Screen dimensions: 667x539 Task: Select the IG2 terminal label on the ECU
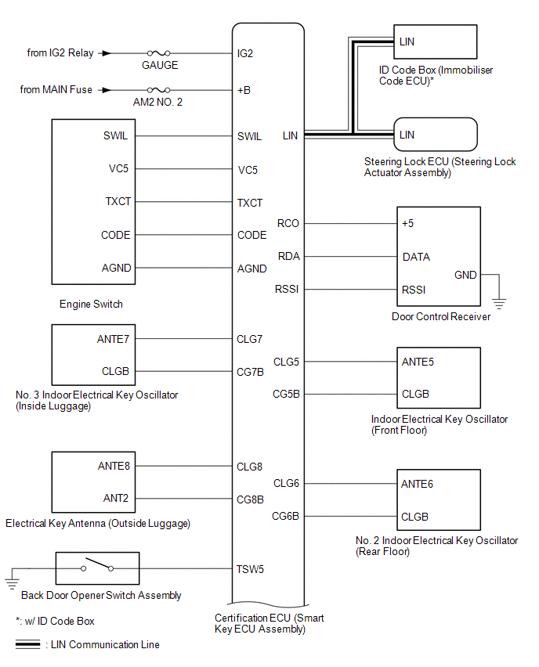[x=245, y=54]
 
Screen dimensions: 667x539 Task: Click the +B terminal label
[x=244, y=90]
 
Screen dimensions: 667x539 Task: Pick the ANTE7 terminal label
[x=114, y=339]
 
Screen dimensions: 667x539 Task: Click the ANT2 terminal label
[x=116, y=498]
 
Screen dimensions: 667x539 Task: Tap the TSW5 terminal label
[x=251, y=569]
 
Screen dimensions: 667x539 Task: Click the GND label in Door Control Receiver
[x=465, y=275]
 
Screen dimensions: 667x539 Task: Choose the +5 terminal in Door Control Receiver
[x=407, y=223]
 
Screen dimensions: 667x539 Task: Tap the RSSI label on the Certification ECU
[x=287, y=290]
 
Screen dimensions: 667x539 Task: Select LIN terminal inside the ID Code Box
[x=407, y=41]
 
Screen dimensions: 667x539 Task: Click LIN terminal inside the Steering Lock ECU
[x=407, y=135]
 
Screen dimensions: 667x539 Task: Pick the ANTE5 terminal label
[x=418, y=362]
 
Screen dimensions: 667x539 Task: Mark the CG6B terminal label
[x=286, y=516]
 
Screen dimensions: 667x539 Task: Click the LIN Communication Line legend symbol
[x=27, y=644]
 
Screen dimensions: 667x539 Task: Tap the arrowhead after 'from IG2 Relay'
[x=106, y=53]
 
